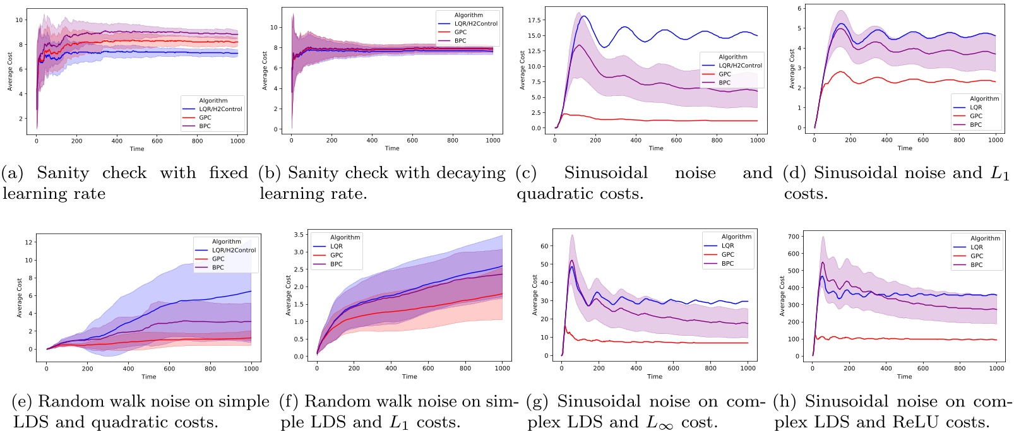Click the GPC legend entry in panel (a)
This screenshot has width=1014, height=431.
pos(205,118)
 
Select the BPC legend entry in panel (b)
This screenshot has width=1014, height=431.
pos(460,41)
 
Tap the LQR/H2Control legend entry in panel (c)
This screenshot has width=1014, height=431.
pos(740,66)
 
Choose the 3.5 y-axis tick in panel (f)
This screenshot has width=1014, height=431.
pos(299,235)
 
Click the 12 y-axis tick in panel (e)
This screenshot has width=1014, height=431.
pos(28,242)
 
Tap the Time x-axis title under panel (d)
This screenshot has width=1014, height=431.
pos(905,148)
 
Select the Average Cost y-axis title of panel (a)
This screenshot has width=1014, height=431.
pos(10,71)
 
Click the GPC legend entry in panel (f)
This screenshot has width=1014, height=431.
pos(337,256)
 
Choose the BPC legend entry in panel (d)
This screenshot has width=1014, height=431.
pos(976,125)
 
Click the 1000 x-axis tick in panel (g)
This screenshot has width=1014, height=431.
pos(748,369)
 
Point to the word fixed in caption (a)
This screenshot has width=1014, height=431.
pos(229,173)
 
